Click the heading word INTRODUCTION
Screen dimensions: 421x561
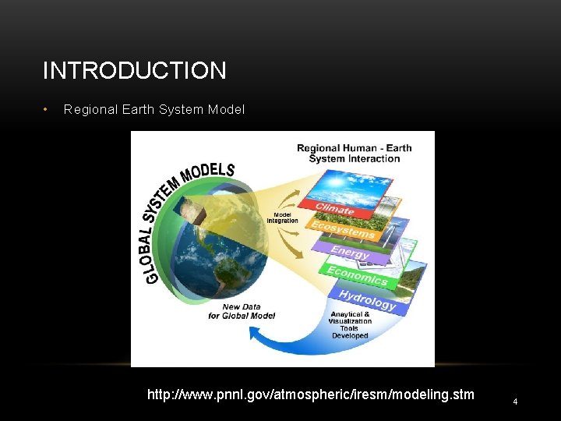pos(134,71)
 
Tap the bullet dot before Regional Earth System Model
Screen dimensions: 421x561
pos(47,109)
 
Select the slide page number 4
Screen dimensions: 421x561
pos(515,401)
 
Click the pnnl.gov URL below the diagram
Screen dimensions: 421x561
pos(310,394)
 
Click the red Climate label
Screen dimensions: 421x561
pos(335,209)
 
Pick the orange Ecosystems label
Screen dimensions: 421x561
pos(344,229)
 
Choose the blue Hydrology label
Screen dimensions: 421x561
pos(367,299)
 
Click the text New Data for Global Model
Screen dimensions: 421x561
pos(241,311)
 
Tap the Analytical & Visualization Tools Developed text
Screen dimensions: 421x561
pos(350,324)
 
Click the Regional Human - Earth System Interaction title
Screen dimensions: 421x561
pos(354,153)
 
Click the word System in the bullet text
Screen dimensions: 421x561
pos(182,110)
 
